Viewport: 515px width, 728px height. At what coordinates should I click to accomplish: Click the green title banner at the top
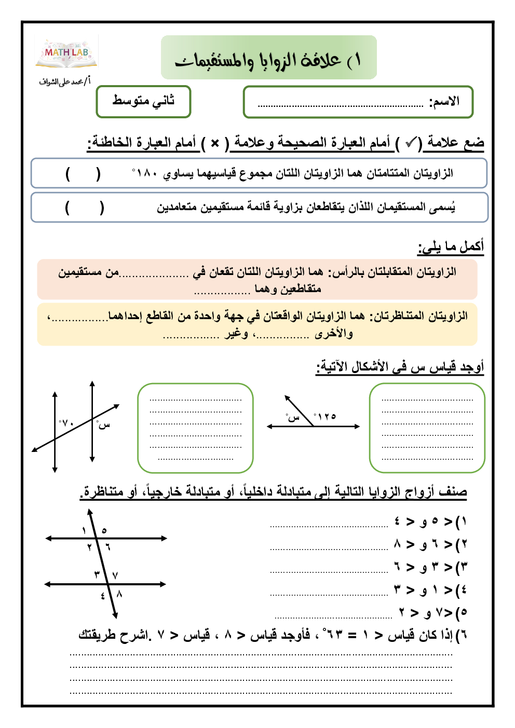click(x=268, y=58)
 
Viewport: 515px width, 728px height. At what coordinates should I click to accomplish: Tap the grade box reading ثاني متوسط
click(x=143, y=102)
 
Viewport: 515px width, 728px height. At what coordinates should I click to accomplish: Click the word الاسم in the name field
click(x=444, y=102)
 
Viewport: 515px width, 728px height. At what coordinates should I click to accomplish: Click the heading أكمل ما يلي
click(x=451, y=246)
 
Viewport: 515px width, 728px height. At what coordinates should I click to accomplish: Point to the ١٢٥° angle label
click(x=326, y=416)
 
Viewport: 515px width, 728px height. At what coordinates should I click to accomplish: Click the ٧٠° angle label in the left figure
click(x=66, y=423)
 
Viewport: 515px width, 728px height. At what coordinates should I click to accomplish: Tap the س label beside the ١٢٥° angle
click(x=293, y=417)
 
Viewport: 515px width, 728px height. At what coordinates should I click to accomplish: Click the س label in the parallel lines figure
click(x=103, y=425)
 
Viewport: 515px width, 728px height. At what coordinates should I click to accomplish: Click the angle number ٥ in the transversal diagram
click(x=104, y=530)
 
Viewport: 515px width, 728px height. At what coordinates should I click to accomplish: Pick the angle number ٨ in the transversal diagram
click(x=119, y=594)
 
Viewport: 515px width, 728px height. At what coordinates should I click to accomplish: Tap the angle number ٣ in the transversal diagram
click(x=97, y=574)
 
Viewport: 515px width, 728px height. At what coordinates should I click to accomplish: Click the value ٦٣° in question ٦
click(x=332, y=634)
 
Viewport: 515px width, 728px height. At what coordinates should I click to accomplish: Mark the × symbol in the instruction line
click(x=215, y=143)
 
